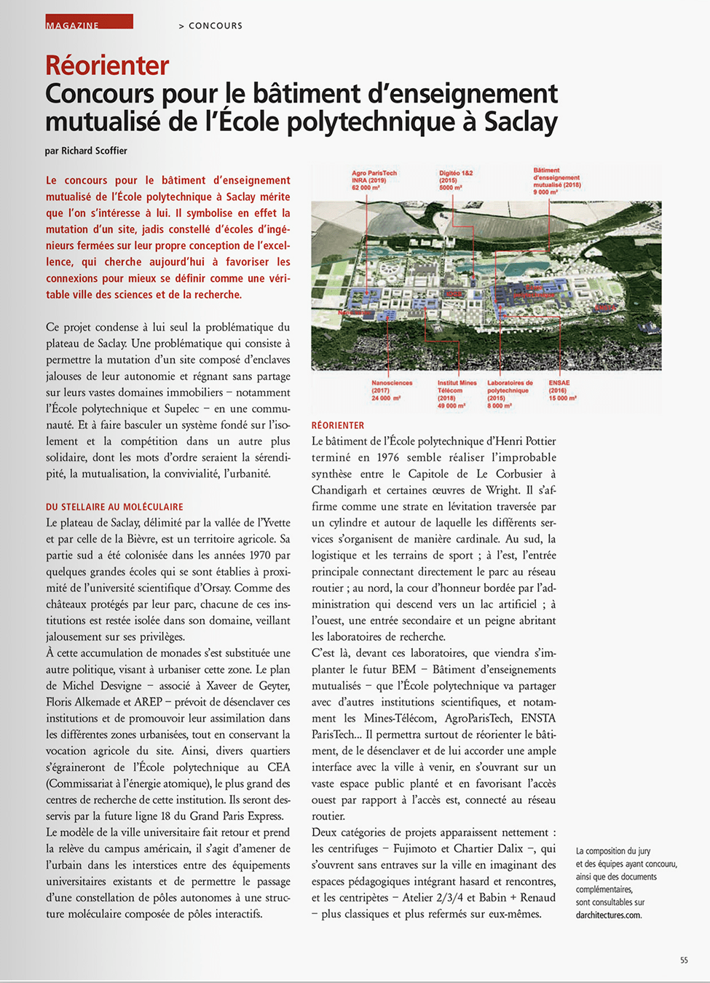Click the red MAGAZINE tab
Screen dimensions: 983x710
[88, 22]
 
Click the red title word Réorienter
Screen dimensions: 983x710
[107, 66]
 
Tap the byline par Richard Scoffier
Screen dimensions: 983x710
[86, 151]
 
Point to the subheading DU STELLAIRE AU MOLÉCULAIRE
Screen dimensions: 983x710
[114, 507]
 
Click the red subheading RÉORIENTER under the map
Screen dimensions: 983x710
[338, 425]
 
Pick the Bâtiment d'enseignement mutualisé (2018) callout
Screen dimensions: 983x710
[556, 181]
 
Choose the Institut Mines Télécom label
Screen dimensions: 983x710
[457, 393]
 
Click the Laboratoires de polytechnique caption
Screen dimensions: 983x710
[510, 393]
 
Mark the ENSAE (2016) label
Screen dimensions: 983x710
[562, 390]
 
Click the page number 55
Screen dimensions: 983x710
[684, 960]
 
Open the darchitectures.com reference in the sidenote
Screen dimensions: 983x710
[609, 915]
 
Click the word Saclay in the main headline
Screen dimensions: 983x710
[520, 122]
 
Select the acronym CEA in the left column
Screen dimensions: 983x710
[278, 767]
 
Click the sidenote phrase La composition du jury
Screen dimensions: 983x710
[613, 850]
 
